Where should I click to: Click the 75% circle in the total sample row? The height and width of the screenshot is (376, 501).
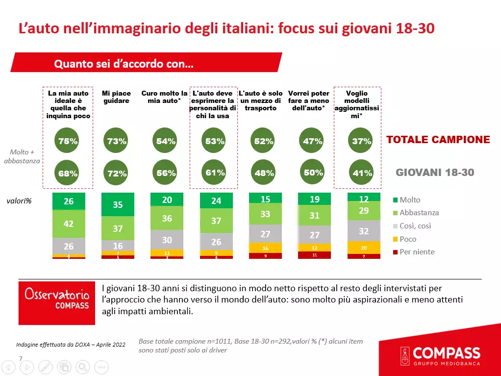point(68,141)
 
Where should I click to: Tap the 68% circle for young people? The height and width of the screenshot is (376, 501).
point(68,173)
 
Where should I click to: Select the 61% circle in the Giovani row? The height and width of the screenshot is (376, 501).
point(215,173)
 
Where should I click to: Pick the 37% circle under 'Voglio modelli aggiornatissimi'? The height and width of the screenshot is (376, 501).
point(362,141)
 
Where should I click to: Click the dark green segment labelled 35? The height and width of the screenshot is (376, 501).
point(118,205)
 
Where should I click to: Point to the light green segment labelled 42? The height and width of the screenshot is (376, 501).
point(69,224)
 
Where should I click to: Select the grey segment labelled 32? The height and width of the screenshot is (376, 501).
point(364,231)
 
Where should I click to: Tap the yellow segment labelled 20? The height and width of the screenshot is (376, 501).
point(364,248)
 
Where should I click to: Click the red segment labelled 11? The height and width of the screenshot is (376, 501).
point(314,255)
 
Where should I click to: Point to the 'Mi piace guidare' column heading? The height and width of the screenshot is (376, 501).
point(116,97)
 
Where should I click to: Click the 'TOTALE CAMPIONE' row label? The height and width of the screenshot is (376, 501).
point(438,140)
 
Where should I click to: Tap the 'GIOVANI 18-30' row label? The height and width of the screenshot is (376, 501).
point(435,173)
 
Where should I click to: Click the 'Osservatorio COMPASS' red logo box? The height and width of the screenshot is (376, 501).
point(57,302)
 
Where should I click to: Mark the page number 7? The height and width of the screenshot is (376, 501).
point(21,358)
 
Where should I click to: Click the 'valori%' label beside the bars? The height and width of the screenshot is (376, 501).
point(19,201)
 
